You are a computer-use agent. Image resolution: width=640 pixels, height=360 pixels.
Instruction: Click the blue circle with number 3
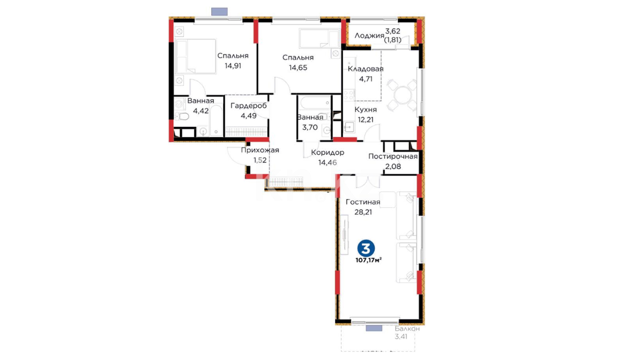tap(366, 248)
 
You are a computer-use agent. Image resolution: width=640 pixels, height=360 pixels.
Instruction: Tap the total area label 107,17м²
tap(369, 260)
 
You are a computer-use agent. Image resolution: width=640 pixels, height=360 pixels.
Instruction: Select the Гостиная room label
tap(363, 202)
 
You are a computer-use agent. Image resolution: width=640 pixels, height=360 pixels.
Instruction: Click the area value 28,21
tap(363, 212)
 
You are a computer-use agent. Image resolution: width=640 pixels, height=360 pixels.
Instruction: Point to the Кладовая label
tap(366, 69)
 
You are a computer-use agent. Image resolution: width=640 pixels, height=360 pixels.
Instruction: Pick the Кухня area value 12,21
tap(366, 120)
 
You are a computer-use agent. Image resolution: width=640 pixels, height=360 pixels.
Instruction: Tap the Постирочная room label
tap(393, 156)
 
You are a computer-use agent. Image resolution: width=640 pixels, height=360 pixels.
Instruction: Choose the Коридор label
tap(328, 153)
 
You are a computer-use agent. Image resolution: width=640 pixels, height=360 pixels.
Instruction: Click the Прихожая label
tap(260, 150)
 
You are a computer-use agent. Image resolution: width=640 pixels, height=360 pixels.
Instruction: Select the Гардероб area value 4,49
tap(249, 116)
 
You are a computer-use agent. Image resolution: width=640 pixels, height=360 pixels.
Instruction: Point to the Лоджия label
tap(369, 36)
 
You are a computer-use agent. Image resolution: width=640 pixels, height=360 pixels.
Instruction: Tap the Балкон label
tap(407, 329)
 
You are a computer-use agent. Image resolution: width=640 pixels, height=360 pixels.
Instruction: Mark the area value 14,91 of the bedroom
tap(233, 66)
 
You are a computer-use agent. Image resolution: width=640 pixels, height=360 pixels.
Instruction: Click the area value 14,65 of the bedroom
tap(298, 68)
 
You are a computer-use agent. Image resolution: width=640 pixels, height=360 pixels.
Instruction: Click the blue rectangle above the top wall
tap(219, 12)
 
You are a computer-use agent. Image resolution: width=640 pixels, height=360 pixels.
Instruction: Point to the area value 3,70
tap(310, 127)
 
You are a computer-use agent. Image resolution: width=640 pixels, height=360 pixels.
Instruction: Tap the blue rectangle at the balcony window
tap(374, 328)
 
